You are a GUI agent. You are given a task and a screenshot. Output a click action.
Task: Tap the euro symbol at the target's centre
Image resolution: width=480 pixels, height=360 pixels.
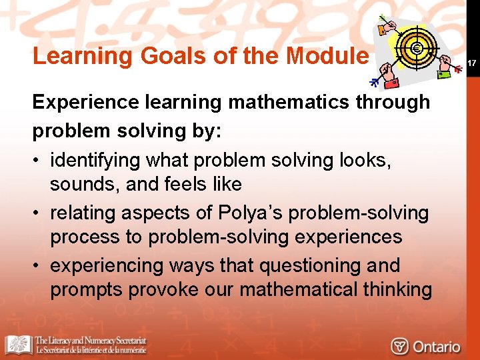point(417,49)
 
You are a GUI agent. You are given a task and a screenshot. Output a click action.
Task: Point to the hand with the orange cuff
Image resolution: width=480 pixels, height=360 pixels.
point(385,28)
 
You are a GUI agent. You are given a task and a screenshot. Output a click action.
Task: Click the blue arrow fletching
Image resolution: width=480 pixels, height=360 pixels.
point(375,82)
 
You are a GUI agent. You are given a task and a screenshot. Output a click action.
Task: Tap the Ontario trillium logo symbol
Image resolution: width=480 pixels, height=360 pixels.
point(399,346)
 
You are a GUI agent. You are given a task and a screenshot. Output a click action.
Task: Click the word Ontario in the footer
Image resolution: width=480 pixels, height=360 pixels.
point(437,346)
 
